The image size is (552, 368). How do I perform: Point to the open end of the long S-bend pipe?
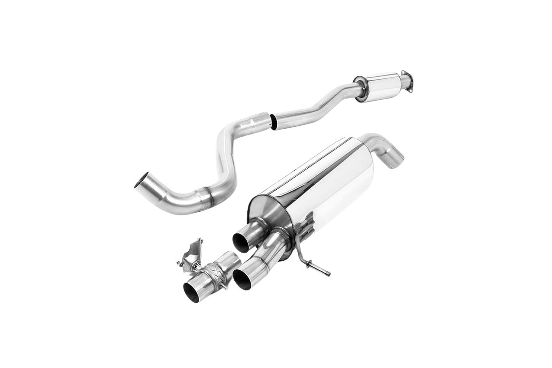pyautogui.click(x=141, y=184)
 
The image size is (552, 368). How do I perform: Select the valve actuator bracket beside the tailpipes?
pyautogui.click(x=193, y=253)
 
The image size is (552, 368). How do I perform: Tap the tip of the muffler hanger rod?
pyautogui.click(x=328, y=274)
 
